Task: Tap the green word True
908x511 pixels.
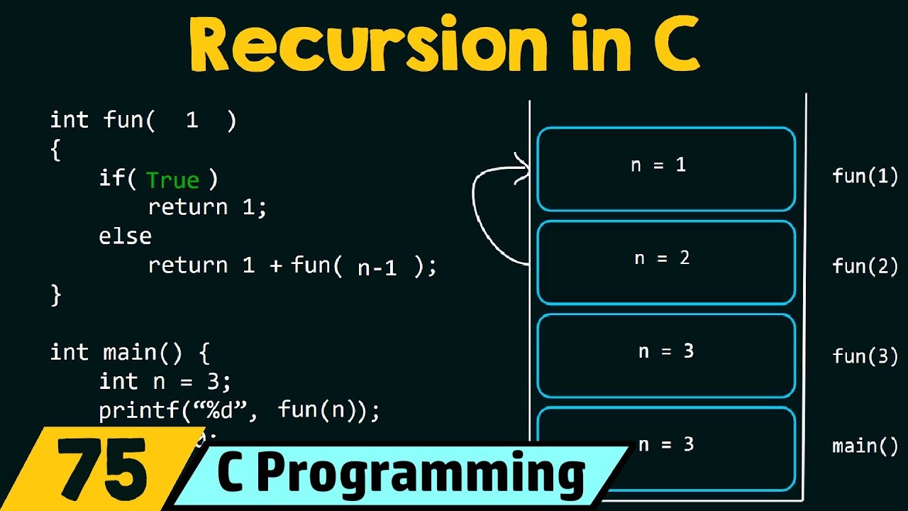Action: tap(172, 180)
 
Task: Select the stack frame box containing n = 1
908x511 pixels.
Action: tap(666, 169)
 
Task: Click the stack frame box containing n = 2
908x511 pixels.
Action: tap(666, 262)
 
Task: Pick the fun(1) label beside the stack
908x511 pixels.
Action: tap(865, 176)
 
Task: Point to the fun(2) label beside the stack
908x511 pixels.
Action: tap(865, 266)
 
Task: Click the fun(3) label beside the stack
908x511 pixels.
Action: tap(865, 356)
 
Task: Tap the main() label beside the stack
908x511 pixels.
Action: tap(865, 446)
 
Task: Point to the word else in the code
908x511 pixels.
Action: tap(125, 236)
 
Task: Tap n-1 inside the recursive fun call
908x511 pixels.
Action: tap(377, 267)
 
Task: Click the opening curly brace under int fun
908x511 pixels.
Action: tap(56, 150)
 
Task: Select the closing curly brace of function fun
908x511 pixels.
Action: tap(56, 295)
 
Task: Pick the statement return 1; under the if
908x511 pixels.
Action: tap(207, 207)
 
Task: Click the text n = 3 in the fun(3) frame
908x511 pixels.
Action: tap(666, 351)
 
